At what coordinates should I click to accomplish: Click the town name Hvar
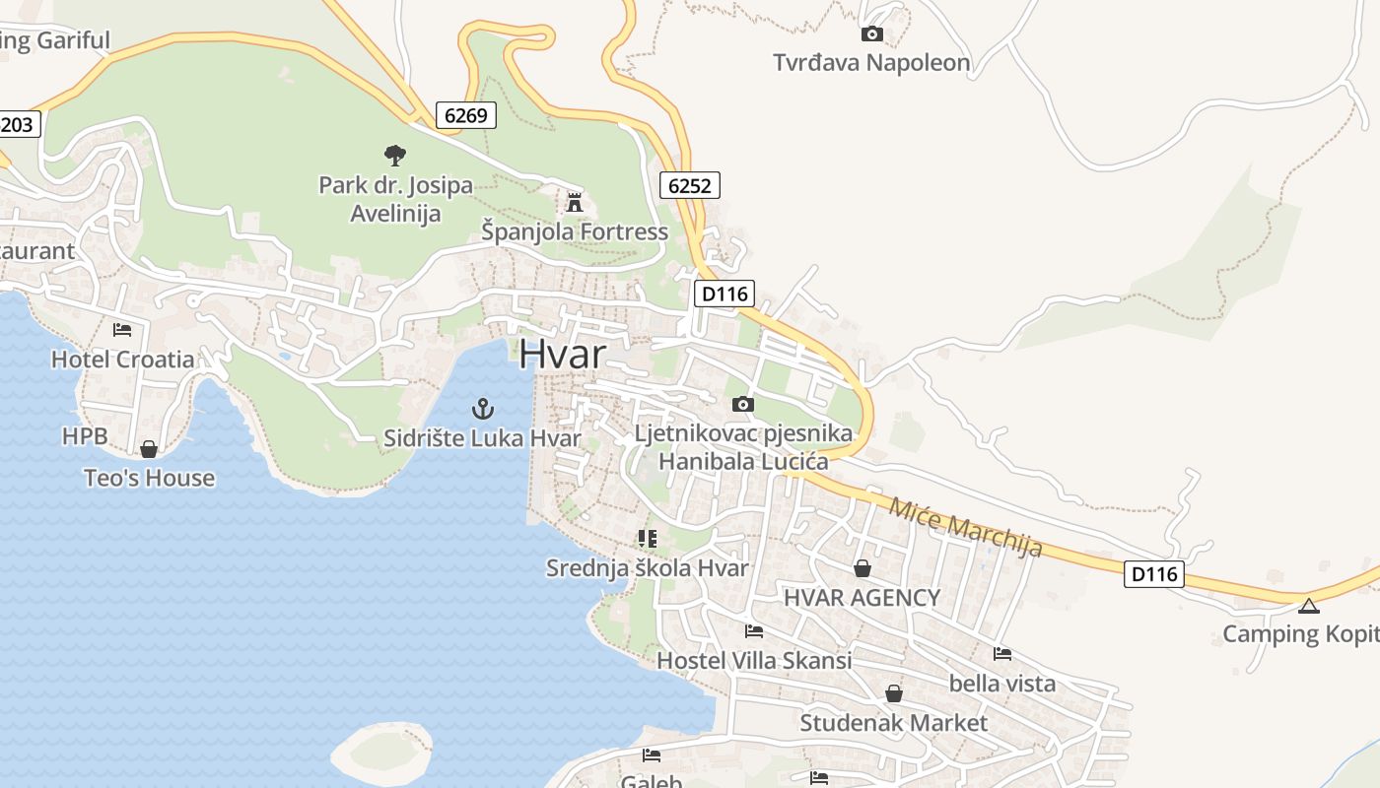(562, 354)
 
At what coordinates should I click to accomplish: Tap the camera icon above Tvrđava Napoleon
(871, 34)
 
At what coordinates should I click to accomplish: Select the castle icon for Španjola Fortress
(574, 203)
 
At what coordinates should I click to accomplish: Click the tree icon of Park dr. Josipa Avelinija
(395, 155)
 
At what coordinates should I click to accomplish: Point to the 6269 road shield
(466, 115)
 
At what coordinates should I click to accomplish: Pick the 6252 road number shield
(690, 185)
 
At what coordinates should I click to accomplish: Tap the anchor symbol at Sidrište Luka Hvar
(483, 409)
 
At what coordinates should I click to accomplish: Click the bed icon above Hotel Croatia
(122, 329)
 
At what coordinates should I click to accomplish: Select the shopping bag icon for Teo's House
(149, 449)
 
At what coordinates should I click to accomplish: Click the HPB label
(84, 435)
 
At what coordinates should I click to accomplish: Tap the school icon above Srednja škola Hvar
(647, 538)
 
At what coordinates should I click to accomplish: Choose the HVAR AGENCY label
(862, 597)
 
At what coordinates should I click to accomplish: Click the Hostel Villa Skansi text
(754, 660)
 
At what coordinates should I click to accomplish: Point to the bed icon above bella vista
(1002, 653)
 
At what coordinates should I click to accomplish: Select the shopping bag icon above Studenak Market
(893, 693)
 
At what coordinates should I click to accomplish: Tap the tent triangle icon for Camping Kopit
(1308, 606)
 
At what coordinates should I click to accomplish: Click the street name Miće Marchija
(965, 527)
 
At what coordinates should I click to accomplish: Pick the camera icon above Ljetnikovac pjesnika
(743, 404)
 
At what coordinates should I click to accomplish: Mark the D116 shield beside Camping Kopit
(1153, 573)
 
